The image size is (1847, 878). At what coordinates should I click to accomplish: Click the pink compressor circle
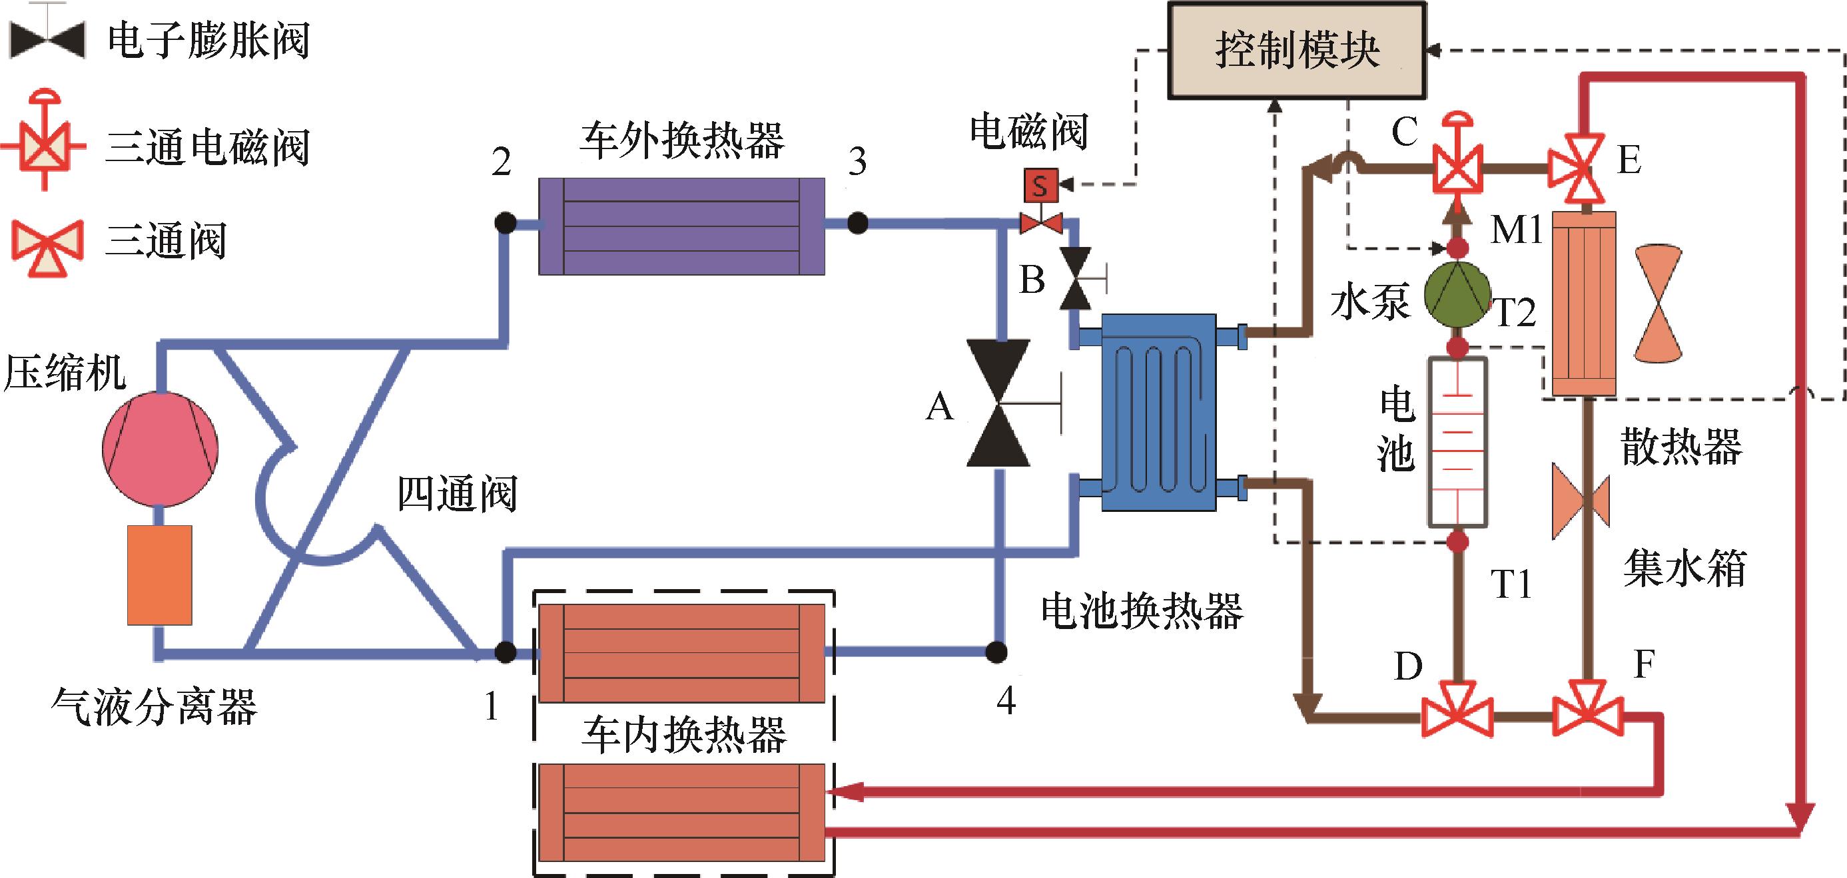click(159, 449)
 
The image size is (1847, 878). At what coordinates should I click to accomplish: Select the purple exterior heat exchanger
click(681, 226)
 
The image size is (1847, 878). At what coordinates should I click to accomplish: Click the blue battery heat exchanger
click(1158, 412)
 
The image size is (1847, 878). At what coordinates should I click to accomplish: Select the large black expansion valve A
click(998, 403)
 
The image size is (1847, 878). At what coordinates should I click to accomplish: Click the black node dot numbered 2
click(506, 223)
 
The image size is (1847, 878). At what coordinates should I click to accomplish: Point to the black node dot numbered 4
click(996, 652)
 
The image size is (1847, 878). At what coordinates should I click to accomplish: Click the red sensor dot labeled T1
click(1457, 541)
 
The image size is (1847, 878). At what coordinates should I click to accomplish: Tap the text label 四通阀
click(457, 495)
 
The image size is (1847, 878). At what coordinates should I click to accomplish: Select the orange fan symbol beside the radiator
click(1658, 304)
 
